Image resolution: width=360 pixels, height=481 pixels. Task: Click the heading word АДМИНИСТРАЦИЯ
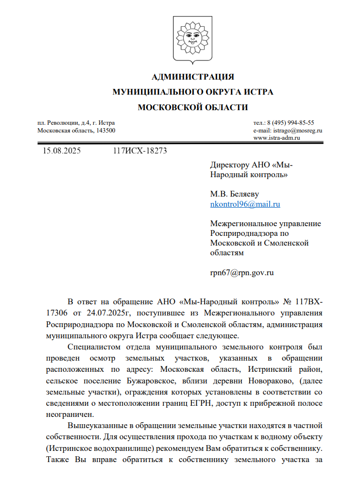click(193, 77)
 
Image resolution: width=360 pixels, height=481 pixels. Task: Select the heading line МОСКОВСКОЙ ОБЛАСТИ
click(193, 107)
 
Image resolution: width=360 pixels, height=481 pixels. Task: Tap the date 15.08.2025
click(62, 151)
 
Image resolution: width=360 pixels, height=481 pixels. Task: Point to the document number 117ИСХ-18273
click(139, 151)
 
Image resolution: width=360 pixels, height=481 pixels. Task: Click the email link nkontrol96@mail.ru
click(245, 204)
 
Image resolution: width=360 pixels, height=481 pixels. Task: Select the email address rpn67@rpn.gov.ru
click(241, 272)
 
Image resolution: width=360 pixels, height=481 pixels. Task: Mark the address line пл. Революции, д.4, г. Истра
click(76, 123)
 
